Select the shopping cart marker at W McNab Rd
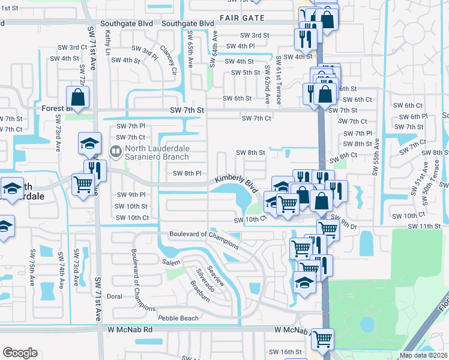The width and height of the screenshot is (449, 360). pyautogui.click(x=323, y=339)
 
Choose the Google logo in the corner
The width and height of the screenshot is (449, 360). pyautogui.click(x=20, y=353)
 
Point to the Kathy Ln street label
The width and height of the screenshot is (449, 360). pyautogui.click(x=109, y=43)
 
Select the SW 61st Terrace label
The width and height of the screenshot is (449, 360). pyautogui.click(x=279, y=81)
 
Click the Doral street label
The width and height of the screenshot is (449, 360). pyautogui.click(x=114, y=296)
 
